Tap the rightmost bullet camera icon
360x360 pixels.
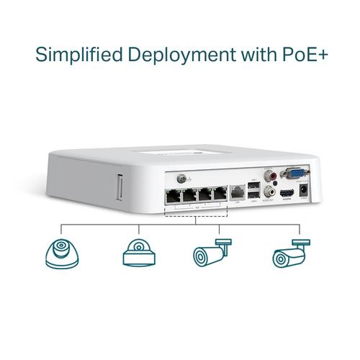pyautogui.click(x=291, y=254)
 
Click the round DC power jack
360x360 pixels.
pyautogui.click(x=305, y=191)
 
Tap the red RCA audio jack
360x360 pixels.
pyautogui.click(x=271, y=175)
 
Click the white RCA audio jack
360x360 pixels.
pyautogui.click(x=270, y=192)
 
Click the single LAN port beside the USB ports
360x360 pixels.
pyautogui.click(x=238, y=193)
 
